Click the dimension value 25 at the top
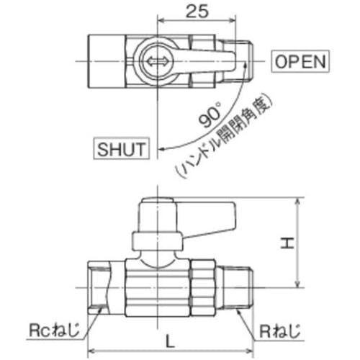[197, 11]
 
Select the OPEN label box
[300, 61]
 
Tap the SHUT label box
[121, 148]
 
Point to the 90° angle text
[210, 114]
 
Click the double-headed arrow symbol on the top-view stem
[157, 61]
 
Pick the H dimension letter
[287, 243]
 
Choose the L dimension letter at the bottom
[170, 341]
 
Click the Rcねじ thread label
[54, 330]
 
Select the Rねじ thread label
[280, 330]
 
